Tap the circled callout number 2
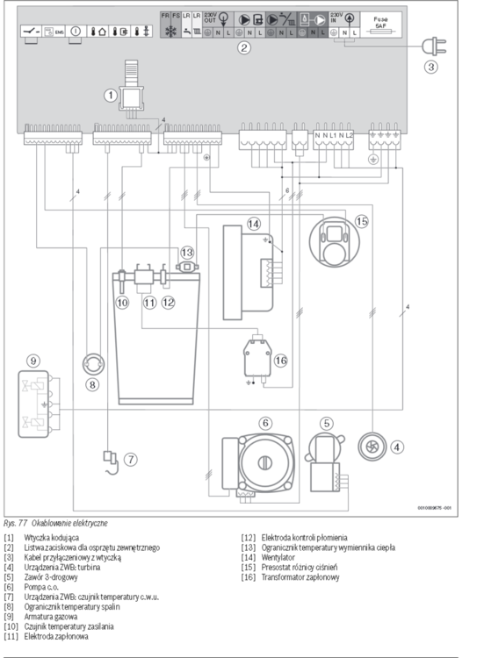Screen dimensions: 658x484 point(244,48)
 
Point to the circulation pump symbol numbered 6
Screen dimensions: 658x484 point(263,458)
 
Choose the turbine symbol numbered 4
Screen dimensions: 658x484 point(371,447)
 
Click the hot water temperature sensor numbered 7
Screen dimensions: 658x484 point(110,458)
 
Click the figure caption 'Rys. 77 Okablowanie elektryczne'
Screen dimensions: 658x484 point(56,522)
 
